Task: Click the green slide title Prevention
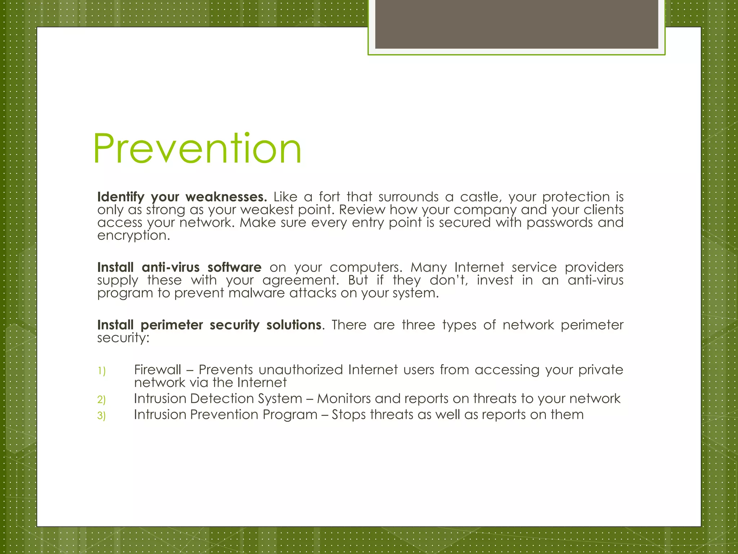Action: pos(197,149)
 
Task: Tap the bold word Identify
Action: pos(121,197)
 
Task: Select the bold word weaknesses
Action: pos(226,197)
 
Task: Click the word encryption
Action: pos(133,236)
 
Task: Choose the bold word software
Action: pos(234,267)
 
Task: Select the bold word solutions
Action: pos(294,325)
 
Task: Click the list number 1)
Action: pos(102,371)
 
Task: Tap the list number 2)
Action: pos(102,400)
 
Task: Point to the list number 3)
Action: pos(102,416)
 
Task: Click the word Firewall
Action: pos(157,370)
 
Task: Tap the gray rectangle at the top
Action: pos(516,24)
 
